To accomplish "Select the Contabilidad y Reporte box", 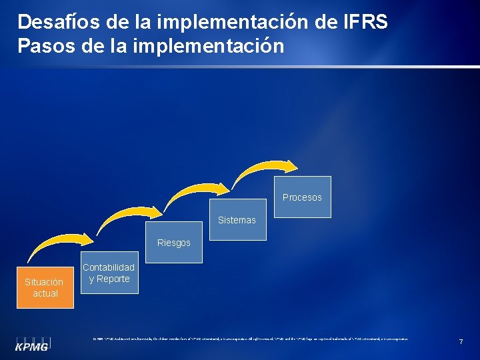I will point(109,273).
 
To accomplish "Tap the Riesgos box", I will point(173,243).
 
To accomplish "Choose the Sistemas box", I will point(237,219).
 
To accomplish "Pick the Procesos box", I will point(302,197).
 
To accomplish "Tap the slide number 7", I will point(461,342).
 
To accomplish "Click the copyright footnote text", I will point(250,339).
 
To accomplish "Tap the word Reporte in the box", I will point(113,279).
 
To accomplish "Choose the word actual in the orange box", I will point(45,293).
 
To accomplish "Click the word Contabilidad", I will point(109,267).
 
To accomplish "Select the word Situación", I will point(44,282).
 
